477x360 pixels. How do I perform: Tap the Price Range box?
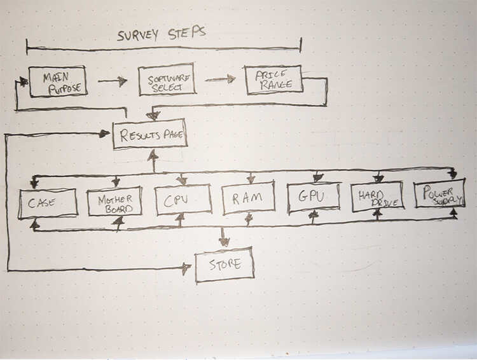[x=272, y=80]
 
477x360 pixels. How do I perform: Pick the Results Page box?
[x=150, y=134]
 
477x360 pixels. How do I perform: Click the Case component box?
[x=48, y=202]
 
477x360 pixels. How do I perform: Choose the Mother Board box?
[x=114, y=202]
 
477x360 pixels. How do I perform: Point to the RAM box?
[x=250, y=200]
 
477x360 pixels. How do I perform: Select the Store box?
[x=224, y=265]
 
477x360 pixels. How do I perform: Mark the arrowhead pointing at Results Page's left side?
[x=106, y=133]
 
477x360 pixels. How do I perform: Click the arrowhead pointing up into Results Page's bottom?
[x=152, y=155]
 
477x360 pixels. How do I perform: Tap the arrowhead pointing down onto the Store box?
[x=223, y=241]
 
